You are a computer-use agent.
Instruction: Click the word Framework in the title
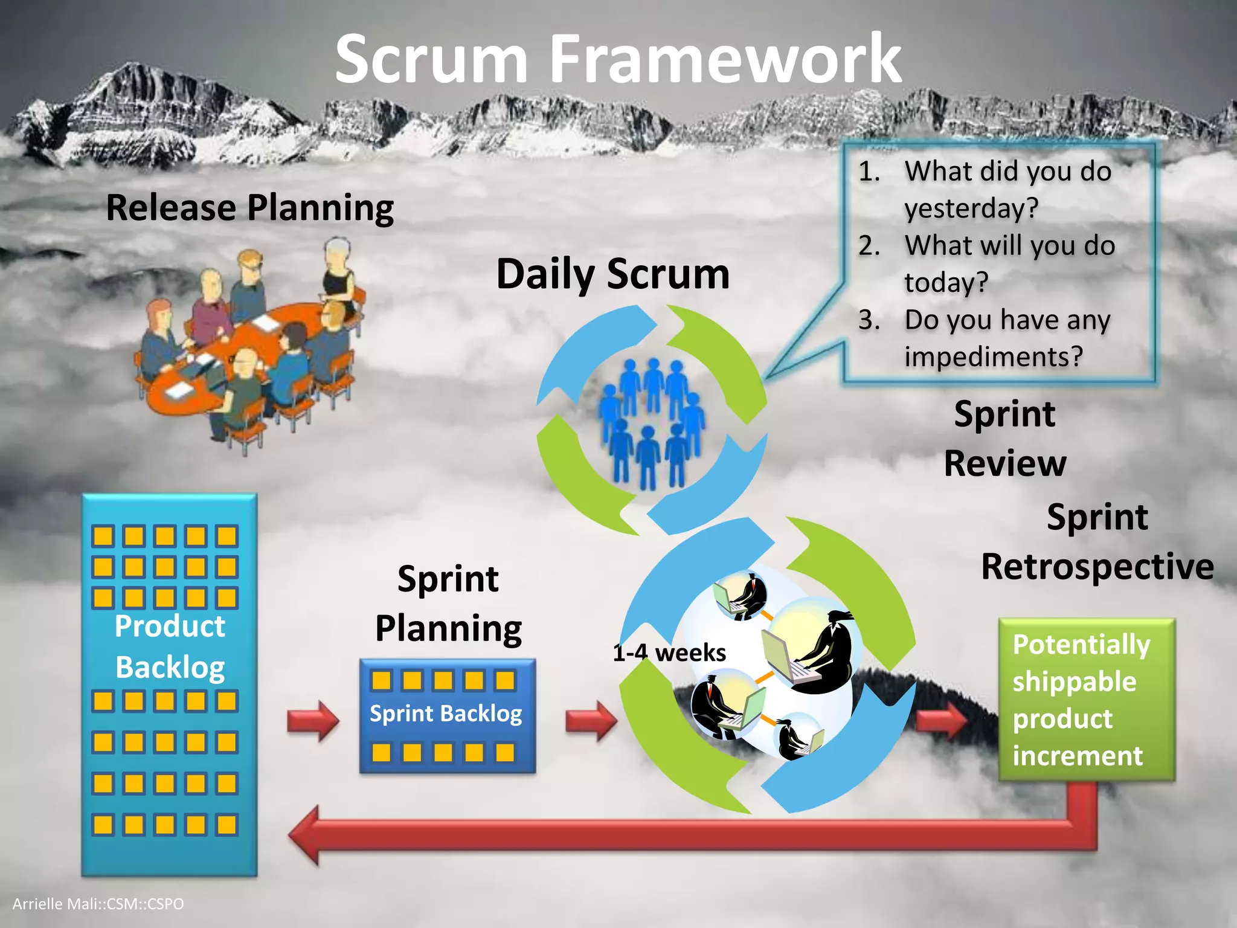coord(725,59)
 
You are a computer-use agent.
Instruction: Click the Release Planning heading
coord(249,207)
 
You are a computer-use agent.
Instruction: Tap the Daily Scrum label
coord(612,274)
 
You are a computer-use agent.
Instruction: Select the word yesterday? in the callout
coord(971,208)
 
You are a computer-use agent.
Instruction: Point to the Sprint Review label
coord(1004,439)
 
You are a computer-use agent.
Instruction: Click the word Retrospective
coord(1097,567)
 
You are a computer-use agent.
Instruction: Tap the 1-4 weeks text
coord(669,653)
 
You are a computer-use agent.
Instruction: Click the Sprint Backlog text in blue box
coord(446,714)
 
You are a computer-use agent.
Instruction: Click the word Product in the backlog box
coord(170,626)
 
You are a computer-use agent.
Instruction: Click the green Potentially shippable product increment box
coord(1086,700)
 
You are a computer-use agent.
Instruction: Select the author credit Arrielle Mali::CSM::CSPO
coord(98,904)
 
